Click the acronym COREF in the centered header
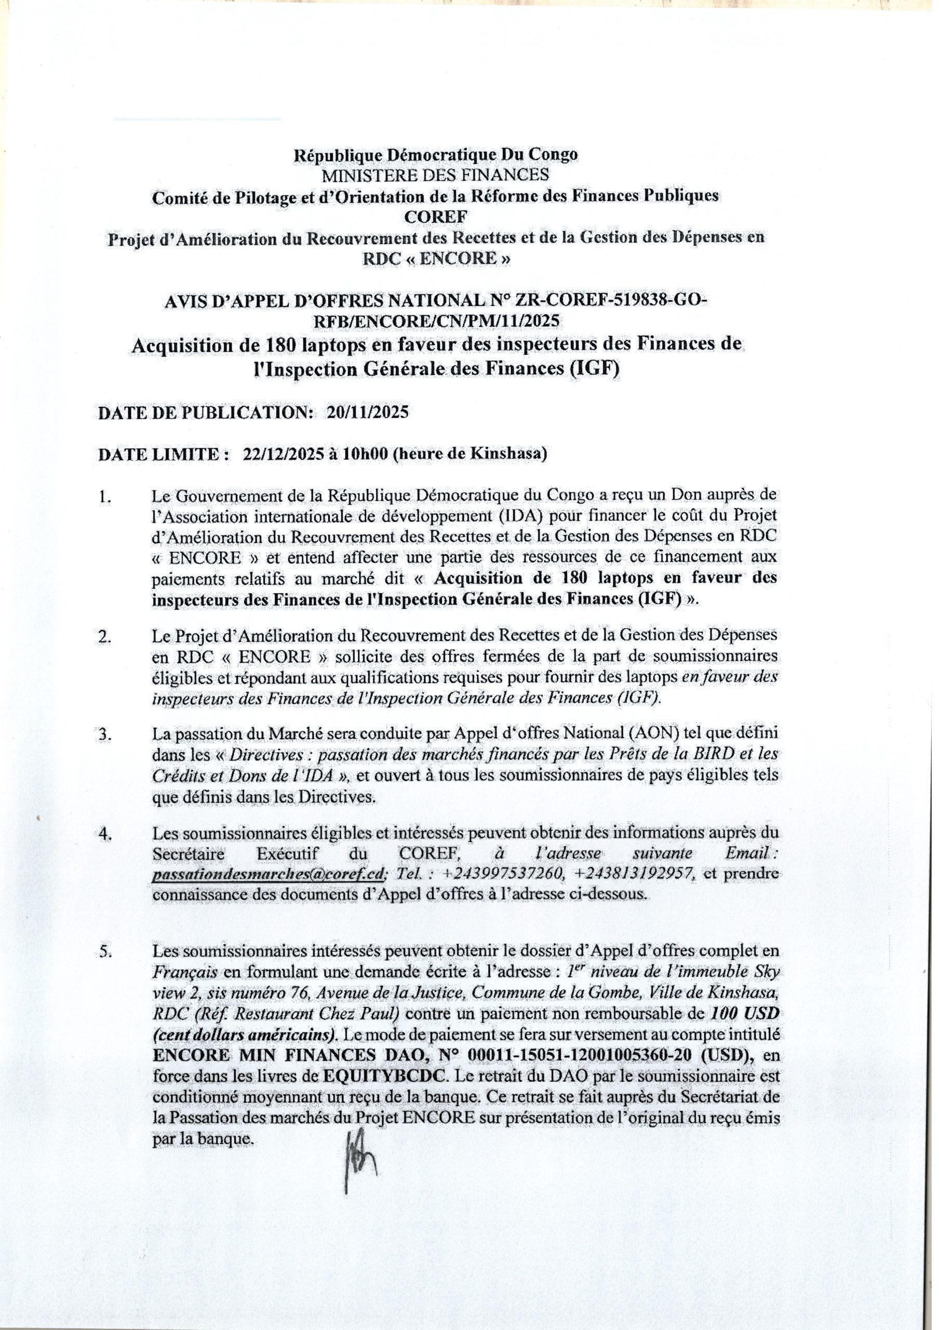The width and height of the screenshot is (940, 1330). [x=436, y=216]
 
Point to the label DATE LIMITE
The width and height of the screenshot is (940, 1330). [x=158, y=455]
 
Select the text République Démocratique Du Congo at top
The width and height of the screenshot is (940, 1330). [x=436, y=155]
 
